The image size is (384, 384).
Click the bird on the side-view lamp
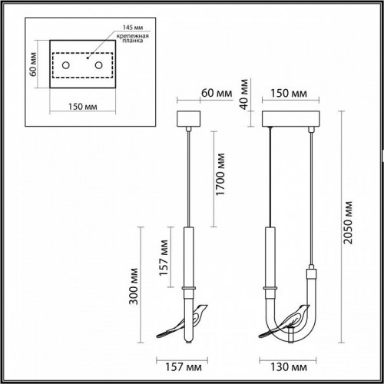coord(184,322)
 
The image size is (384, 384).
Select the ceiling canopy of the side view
coord(188,121)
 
